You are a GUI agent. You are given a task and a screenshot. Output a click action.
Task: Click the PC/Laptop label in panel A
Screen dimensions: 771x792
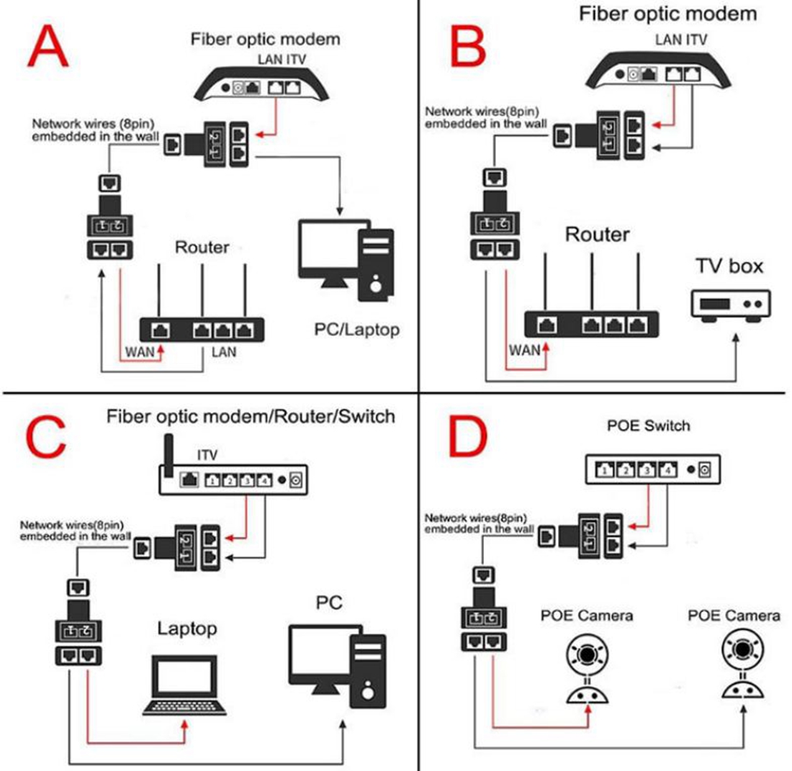pyautogui.click(x=356, y=330)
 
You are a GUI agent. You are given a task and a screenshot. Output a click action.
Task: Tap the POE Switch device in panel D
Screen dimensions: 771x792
pyautogui.click(x=650, y=469)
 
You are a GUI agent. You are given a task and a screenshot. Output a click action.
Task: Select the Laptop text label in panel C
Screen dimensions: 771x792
pyautogui.click(x=187, y=628)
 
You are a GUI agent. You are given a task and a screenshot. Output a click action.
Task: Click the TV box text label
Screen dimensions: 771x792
pyautogui.click(x=729, y=266)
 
